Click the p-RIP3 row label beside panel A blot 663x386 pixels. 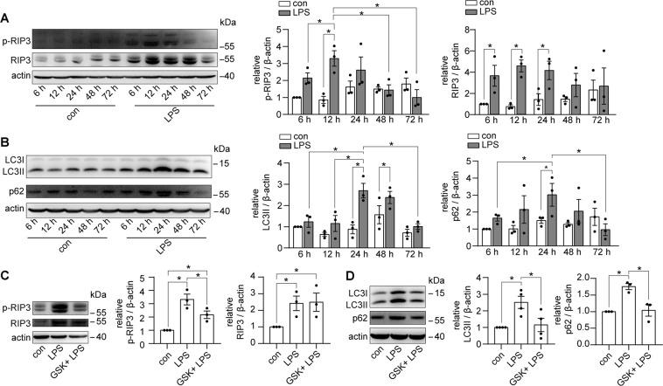(19, 41)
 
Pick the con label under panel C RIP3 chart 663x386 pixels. (277, 366)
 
